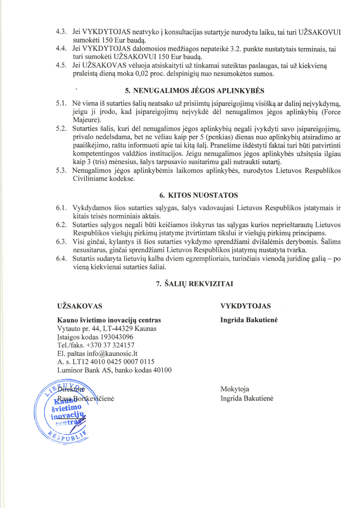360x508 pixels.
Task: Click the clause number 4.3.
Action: point(62,31)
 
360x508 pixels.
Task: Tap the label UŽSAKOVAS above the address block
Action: point(80,306)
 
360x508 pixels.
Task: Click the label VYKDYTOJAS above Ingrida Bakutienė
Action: point(245,306)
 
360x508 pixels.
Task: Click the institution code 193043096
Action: point(115,337)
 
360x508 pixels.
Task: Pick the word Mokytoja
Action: point(235,389)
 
